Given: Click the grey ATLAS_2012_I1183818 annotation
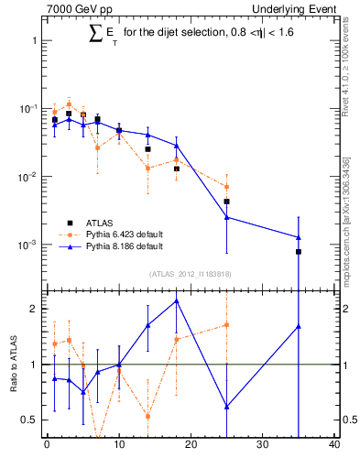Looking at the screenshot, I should click(x=191, y=274).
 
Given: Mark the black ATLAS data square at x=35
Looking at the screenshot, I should click(x=299, y=251).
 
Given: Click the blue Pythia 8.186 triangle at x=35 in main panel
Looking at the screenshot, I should click(x=299, y=237).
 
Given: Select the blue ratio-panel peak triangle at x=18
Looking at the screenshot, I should click(x=177, y=300).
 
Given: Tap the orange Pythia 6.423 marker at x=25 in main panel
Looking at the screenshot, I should click(x=227, y=187).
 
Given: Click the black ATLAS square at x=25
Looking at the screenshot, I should click(x=227, y=202).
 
